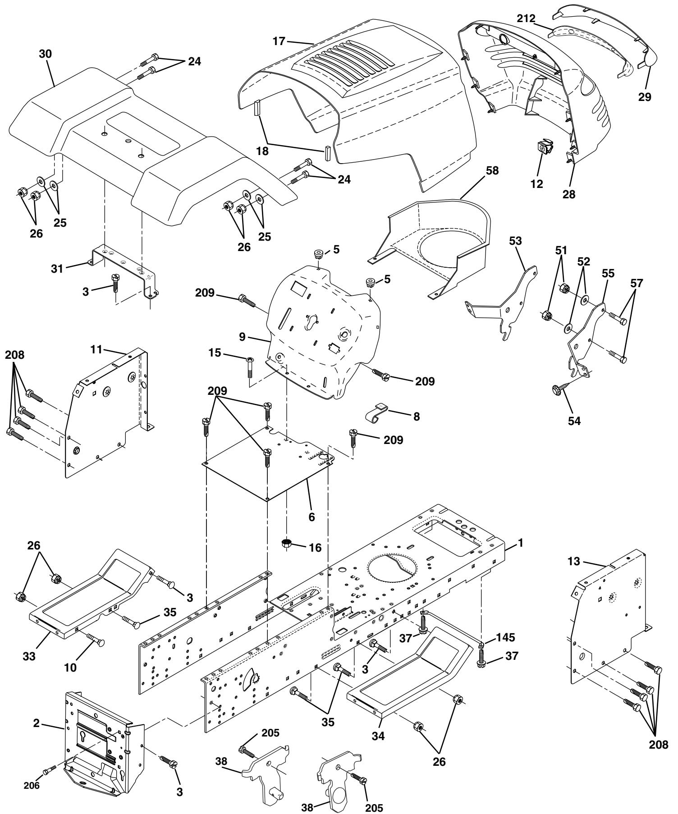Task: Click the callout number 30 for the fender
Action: point(46,54)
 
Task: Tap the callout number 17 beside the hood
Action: point(279,41)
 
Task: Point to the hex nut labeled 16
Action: point(287,543)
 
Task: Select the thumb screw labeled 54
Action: point(558,390)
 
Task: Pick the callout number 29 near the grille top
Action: point(645,97)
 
